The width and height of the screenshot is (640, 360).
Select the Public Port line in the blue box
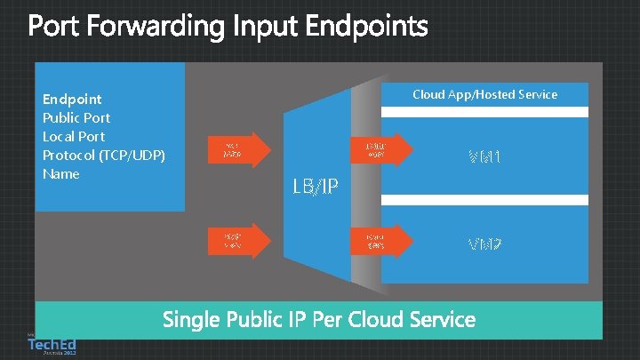point(76,117)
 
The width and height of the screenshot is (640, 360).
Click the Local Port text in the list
point(74,136)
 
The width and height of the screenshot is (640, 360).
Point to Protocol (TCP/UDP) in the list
point(104,155)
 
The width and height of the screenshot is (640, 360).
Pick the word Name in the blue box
point(61,173)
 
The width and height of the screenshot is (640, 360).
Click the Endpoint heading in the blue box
point(72,99)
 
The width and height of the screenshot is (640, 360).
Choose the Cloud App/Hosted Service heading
point(484,94)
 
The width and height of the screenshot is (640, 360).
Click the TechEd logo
point(51,343)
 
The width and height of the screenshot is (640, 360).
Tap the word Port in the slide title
point(59,28)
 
